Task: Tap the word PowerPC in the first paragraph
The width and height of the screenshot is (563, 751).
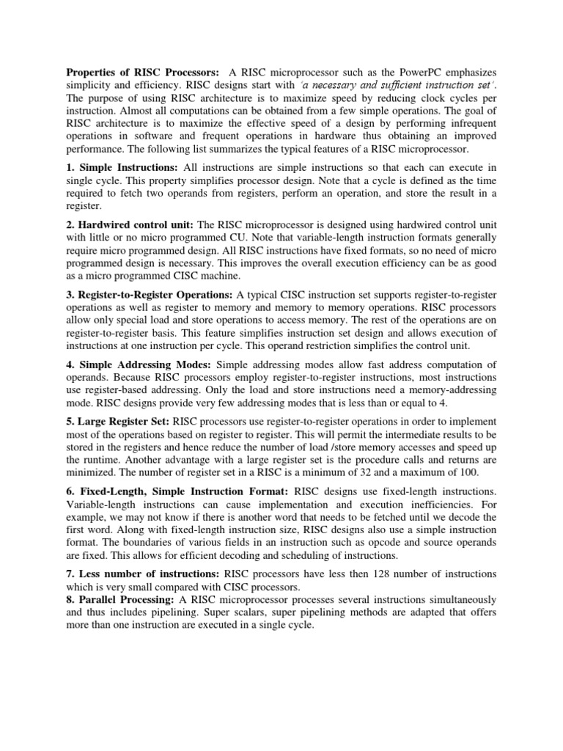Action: coord(401,73)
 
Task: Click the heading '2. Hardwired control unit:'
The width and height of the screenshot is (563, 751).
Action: coord(131,224)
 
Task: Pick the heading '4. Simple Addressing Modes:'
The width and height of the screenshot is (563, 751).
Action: coord(139,364)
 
